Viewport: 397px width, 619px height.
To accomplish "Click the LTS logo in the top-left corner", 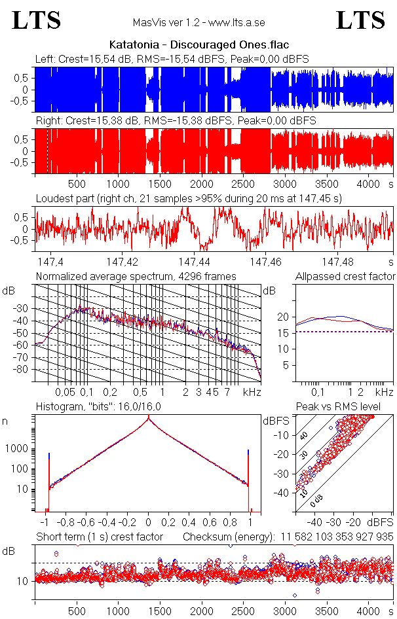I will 37,20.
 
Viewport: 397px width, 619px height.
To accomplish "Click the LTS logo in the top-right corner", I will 360,20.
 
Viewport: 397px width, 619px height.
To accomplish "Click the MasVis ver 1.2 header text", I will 198,22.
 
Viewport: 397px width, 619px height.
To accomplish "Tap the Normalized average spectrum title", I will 136,276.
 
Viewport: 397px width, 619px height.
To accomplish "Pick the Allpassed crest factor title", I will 345,276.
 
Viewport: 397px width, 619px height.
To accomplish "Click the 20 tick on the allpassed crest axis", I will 282,317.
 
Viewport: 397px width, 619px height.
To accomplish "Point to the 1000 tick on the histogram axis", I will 14,449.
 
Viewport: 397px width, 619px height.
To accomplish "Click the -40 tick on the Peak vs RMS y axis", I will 283,493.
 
